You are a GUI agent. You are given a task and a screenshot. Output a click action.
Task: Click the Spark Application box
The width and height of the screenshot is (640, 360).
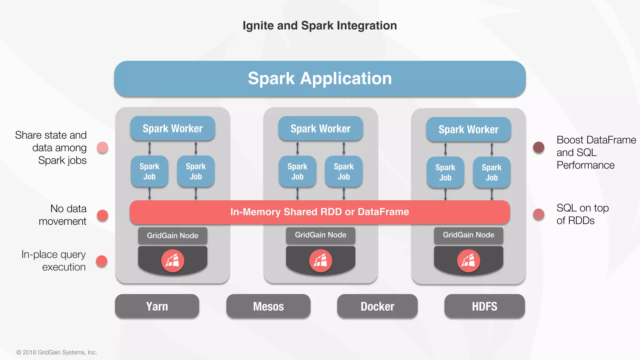coord(320,78)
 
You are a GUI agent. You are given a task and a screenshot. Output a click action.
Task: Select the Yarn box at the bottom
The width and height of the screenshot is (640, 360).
coord(157,306)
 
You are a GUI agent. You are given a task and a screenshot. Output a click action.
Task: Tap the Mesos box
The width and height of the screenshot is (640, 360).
coord(268,306)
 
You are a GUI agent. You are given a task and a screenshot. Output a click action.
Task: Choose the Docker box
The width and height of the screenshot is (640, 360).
coord(377,306)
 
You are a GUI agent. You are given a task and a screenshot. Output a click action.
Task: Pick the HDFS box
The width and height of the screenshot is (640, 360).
coord(484,306)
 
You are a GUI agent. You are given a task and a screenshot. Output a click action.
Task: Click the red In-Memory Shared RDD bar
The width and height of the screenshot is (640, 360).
coord(320,212)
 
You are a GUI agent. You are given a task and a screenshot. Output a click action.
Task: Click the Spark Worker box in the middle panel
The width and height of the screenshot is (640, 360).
coord(320,128)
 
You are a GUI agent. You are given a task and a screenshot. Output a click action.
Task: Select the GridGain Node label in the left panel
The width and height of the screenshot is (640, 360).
coord(172,236)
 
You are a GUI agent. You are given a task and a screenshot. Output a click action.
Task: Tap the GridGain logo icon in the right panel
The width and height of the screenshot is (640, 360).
coord(468,261)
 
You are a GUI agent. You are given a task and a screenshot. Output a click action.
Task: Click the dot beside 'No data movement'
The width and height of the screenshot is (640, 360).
coord(102,215)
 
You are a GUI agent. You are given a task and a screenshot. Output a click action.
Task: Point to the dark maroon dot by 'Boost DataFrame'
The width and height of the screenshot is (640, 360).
coord(538,147)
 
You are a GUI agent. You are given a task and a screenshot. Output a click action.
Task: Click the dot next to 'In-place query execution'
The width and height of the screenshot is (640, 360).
coord(102,261)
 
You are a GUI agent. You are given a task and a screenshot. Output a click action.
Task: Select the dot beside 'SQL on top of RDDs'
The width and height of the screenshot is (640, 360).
coord(538,214)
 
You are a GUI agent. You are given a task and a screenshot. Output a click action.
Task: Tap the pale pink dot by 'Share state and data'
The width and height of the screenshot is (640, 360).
coord(102,147)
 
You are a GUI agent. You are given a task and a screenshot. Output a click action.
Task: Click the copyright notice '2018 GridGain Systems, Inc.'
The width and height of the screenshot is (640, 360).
coord(59,352)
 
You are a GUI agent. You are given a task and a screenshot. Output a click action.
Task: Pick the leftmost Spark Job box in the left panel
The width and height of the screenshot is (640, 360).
coord(149,171)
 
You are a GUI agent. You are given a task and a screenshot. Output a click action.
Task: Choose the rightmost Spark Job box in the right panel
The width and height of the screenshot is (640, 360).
coord(492,172)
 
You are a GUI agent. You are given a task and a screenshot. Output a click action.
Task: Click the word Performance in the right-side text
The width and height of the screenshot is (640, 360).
coord(585,165)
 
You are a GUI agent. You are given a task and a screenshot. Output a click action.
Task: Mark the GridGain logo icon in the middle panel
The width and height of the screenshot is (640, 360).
coord(320,261)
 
